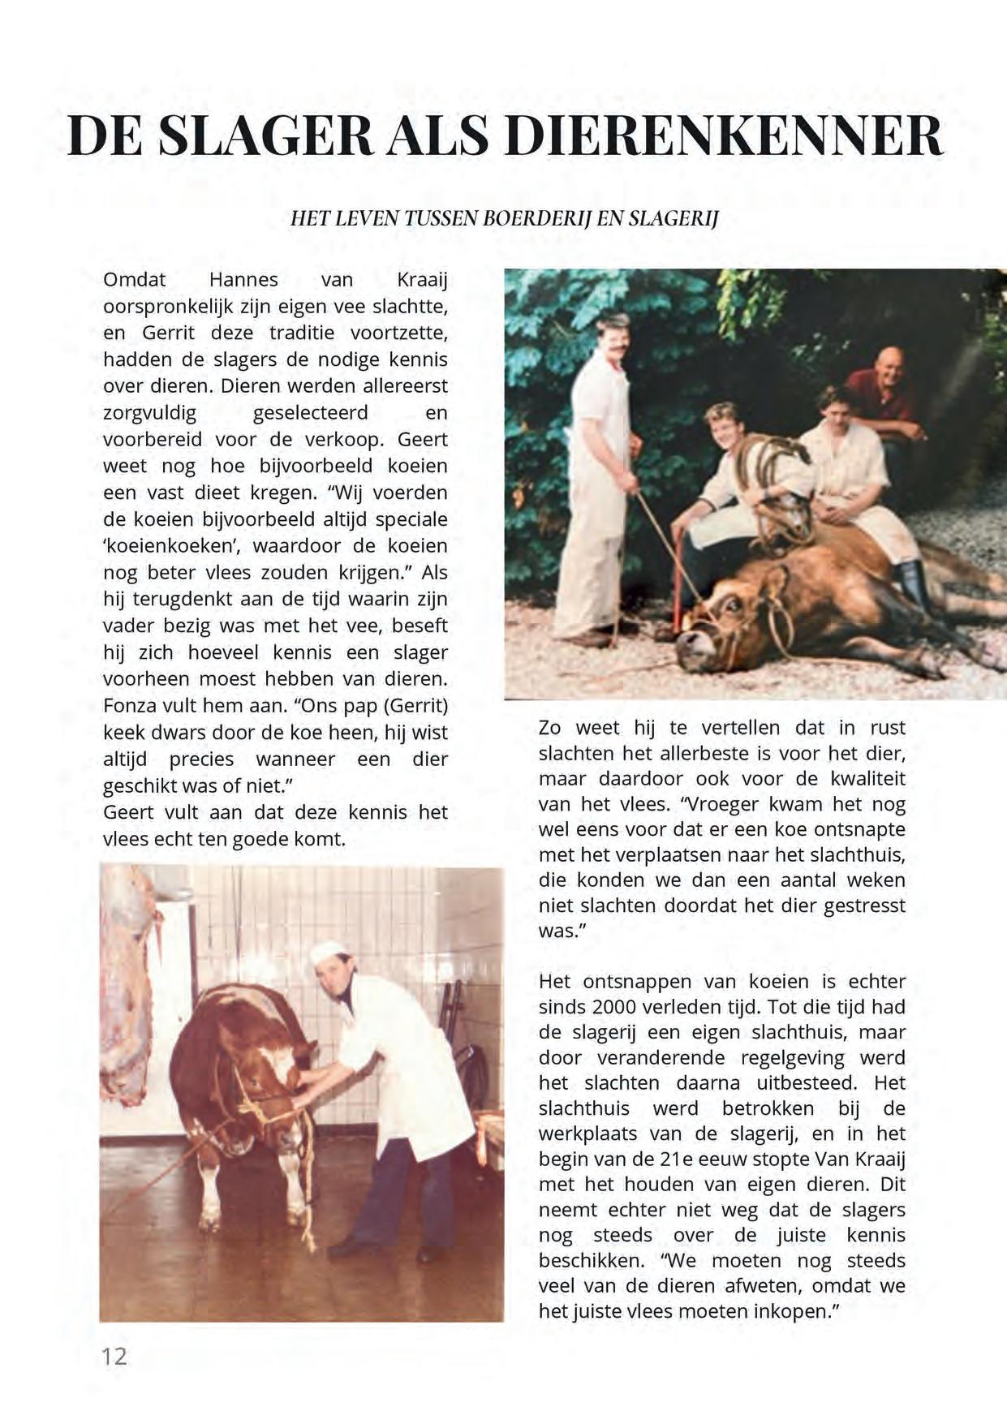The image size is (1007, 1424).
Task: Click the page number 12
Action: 114,1356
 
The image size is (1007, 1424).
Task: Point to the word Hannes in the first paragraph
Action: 243,280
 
